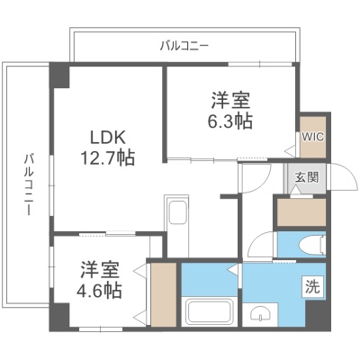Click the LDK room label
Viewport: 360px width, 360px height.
[x=107, y=138]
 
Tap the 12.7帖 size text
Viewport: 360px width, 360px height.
[x=107, y=157]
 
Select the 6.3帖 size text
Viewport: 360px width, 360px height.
[x=230, y=121]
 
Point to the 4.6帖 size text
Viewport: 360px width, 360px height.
[x=100, y=291]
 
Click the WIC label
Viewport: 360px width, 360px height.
[x=313, y=137]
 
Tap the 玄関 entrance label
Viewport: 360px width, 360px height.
[x=306, y=178]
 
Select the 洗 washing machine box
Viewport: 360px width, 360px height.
[x=313, y=286]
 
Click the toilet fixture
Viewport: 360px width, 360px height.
[x=312, y=245]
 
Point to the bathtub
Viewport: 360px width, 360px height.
[x=210, y=311]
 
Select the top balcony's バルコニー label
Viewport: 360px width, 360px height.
[x=184, y=46]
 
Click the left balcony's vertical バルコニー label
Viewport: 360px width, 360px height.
[x=28, y=184]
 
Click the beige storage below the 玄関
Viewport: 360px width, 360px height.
[x=301, y=212]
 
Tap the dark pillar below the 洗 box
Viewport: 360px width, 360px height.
[x=318, y=313]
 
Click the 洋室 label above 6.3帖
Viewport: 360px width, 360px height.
[x=230, y=101]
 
